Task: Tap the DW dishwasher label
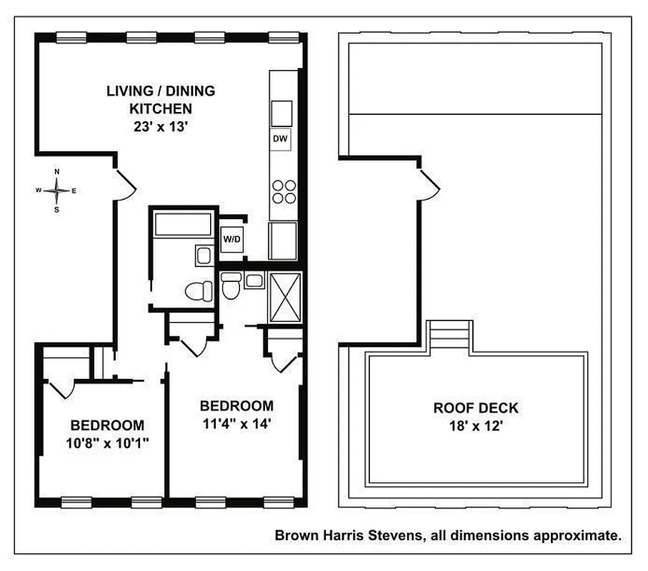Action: pyautogui.click(x=280, y=139)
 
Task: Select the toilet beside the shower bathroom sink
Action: pyautogui.click(x=230, y=285)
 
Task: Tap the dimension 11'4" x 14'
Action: pyautogui.click(x=236, y=423)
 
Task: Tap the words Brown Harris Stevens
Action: pyautogui.click(x=339, y=534)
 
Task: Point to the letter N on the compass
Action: pyautogui.click(x=57, y=172)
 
